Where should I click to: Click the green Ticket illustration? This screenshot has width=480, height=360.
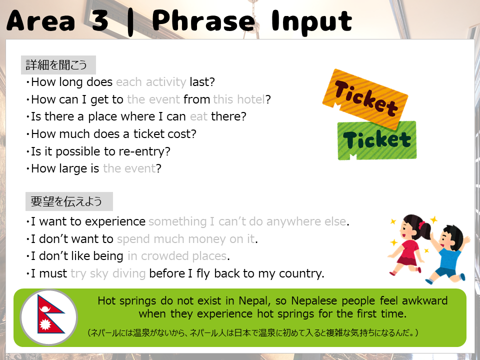tap(377, 140)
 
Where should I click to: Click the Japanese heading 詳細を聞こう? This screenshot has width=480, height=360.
tap(56, 65)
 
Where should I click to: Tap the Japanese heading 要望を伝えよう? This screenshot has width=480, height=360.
tap(66, 201)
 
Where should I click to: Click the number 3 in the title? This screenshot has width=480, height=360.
tap(99, 20)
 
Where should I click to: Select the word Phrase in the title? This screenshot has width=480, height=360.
tap(203, 20)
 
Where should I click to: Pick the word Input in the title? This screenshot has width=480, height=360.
tap(311, 21)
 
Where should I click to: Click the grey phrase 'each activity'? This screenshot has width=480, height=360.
tap(151, 82)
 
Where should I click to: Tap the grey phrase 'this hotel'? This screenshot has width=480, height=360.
tap(239, 99)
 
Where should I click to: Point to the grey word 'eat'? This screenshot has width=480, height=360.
tap(198, 116)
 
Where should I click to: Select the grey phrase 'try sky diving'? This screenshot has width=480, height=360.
tap(108, 273)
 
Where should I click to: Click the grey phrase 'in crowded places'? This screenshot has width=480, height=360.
tap(177, 256)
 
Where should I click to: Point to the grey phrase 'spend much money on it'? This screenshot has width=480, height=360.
tap(186, 239)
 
